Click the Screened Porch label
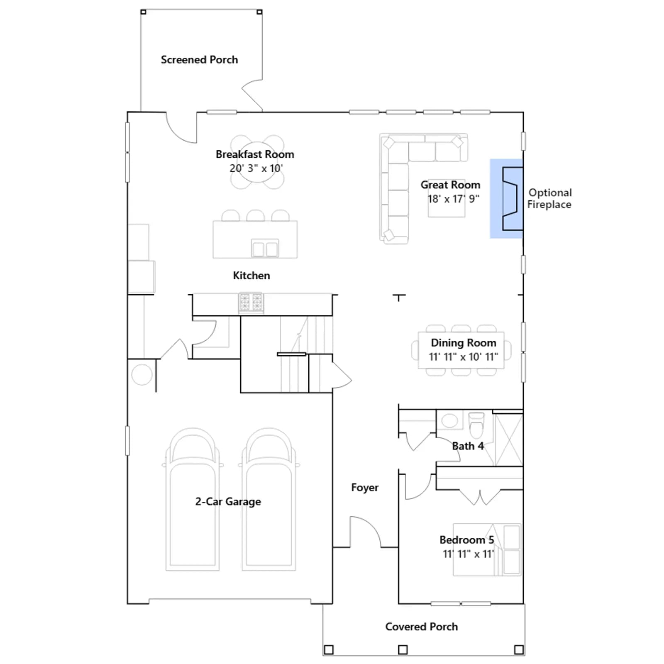coord(199,60)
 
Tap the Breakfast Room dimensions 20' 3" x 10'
coord(256,168)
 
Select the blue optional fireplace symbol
coord(506,198)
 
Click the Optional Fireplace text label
coord(549,198)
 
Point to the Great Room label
coord(450,185)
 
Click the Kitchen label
coord(251,276)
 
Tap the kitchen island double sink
coord(265,249)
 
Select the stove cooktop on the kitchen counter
coord(251,302)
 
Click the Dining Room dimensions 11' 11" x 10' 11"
coord(463,356)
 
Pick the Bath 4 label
coord(468,446)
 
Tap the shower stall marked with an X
coord(508,439)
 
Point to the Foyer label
coord(365,488)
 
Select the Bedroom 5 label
coord(467,540)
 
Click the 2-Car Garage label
coord(228,502)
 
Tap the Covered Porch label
coord(422,627)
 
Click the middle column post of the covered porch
coord(403,649)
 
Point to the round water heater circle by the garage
coord(142,375)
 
